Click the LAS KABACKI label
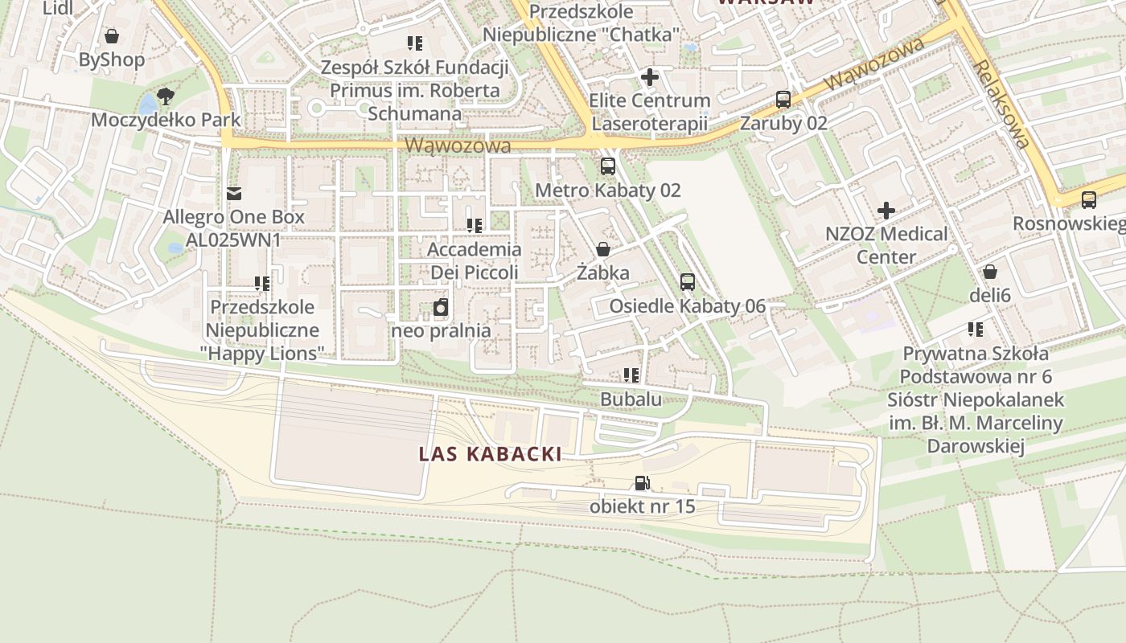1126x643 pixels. coord(490,454)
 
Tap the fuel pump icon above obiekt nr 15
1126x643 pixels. coord(642,483)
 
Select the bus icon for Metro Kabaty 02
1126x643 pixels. coord(608,166)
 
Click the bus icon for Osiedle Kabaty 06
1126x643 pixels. coord(688,282)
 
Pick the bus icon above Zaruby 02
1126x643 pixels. coord(783,100)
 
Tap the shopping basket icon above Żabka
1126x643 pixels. coord(603,249)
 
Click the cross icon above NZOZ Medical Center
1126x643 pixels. coord(886,211)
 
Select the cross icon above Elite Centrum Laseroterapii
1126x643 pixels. coord(650,77)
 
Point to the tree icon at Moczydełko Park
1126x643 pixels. coord(166,96)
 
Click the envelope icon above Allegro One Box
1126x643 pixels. coord(234,193)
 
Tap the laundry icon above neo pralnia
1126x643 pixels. coord(441,307)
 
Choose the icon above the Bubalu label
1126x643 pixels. coord(631,375)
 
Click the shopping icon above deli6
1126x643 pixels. coord(990,272)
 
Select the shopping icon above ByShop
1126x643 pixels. coord(112,36)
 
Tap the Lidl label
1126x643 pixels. coord(57,9)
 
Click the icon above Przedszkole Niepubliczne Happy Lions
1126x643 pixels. coord(262,284)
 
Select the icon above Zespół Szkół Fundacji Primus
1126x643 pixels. coord(415,43)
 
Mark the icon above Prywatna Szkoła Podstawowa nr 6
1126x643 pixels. coord(976,330)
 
